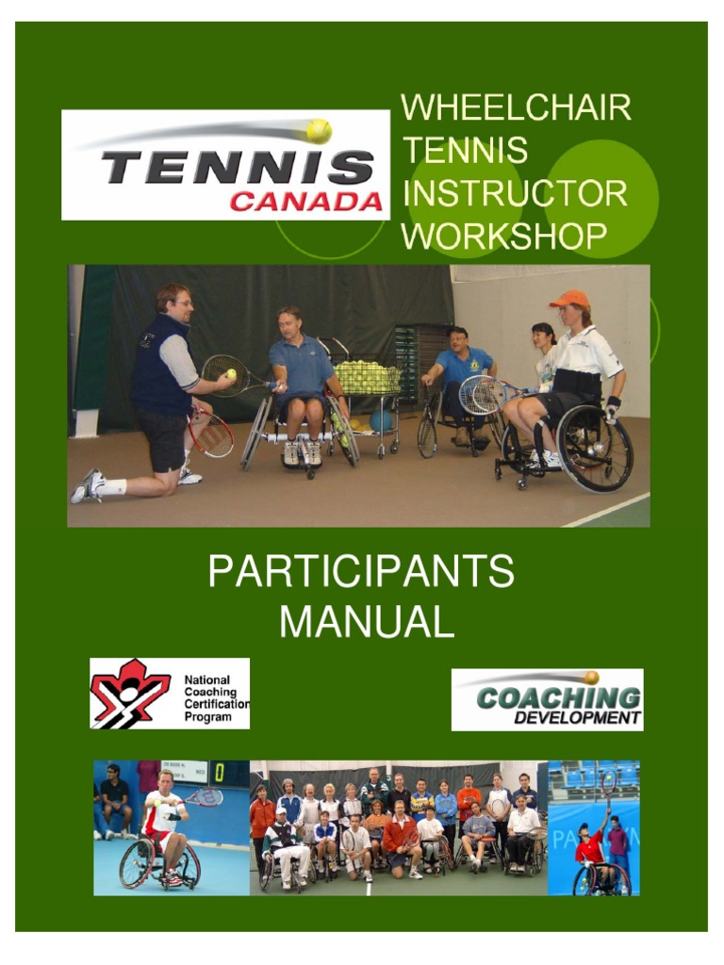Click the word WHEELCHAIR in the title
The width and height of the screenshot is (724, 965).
(516, 108)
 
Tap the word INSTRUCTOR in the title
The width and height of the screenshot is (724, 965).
(515, 193)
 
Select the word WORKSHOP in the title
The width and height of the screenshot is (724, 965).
(504, 236)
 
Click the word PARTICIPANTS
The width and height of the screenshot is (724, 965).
(361, 572)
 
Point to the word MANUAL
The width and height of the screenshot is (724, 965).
(368, 622)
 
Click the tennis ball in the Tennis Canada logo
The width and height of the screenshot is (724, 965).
(319, 131)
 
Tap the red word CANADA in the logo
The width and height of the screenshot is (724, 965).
(306, 202)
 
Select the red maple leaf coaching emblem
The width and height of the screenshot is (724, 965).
(130, 694)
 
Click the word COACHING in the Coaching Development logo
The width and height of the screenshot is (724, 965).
(558, 698)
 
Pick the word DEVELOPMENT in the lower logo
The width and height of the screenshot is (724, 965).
(577, 719)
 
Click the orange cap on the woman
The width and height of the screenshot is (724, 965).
(569, 300)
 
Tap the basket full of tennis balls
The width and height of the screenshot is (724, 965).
(367, 378)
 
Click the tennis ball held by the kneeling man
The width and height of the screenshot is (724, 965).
(231, 374)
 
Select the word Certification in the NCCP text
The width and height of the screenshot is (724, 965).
(217, 703)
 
